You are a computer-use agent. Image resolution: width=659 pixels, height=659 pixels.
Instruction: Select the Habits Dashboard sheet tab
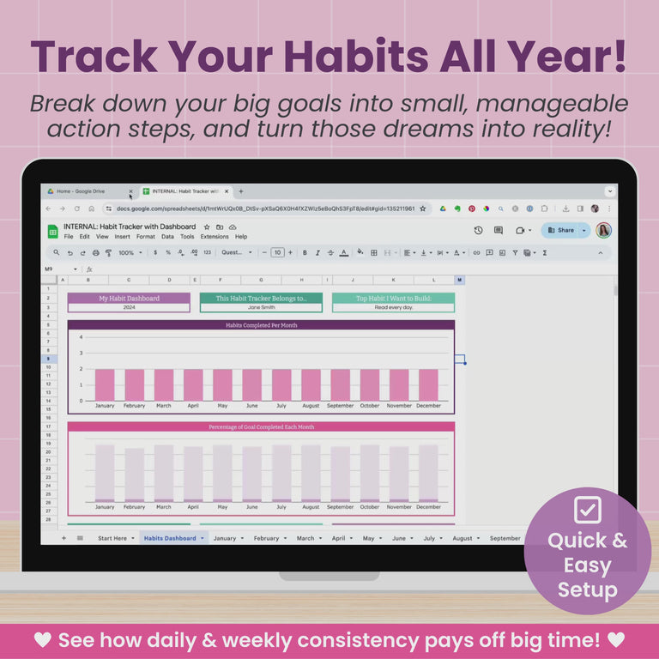click(x=170, y=538)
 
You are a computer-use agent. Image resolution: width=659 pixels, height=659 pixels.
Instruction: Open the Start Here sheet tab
click(x=112, y=538)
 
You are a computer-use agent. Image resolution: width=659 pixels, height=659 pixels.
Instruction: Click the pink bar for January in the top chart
click(x=105, y=384)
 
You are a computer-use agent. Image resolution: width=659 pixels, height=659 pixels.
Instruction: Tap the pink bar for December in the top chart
click(x=428, y=384)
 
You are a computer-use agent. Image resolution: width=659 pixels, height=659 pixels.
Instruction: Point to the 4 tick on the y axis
click(x=82, y=337)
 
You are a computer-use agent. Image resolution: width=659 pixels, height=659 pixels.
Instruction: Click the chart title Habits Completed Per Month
click(x=261, y=325)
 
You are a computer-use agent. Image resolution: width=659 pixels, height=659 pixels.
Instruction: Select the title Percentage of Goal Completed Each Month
click(x=261, y=426)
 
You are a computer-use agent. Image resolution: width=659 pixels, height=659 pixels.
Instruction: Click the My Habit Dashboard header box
click(x=129, y=298)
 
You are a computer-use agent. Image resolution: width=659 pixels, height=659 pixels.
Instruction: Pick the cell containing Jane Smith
click(x=261, y=307)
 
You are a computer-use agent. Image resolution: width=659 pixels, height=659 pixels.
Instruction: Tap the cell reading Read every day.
click(x=393, y=307)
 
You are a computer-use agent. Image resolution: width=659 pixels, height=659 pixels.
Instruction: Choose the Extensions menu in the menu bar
click(x=215, y=237)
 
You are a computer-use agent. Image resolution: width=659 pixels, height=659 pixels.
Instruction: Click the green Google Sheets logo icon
click(x=52, y=231)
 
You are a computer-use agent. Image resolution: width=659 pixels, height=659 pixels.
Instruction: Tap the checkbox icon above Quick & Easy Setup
click(x=588, y=510)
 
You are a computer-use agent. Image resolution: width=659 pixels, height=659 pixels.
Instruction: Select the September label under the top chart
click(x=340, y=406)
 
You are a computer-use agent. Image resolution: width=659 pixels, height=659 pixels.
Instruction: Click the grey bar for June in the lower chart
click(x=251, y=474)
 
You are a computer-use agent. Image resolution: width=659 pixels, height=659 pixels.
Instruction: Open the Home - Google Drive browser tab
click(x=81, y=191)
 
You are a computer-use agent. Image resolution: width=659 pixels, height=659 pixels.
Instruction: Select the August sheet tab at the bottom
click(x=463, y=538)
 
